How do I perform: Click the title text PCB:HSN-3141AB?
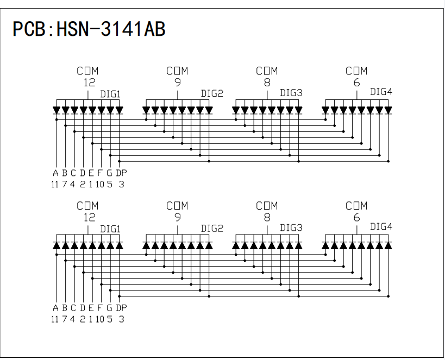pyautogui.click(x=89, y=29)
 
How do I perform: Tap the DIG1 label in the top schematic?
pyautogui.click(x=110, y=94)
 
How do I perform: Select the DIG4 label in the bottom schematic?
pyautogui.click(x=381, y=227)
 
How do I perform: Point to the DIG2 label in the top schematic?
pyautogui.click(x=212, y=93)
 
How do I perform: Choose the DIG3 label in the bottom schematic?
pyautogui.click(x=291, y=228)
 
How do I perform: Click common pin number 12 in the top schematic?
pyautogui.click(x=89, y=83)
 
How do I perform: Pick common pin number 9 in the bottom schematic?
pyautogui.click(x=178, y=218)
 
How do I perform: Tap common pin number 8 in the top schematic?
pyautogui.click(x=267, y=83)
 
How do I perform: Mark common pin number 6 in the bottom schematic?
pyautogui.click(x=356, y=218)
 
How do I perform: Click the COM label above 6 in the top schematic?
pyautogui.click(x=356, y=71)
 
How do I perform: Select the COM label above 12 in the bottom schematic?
pyautogui.click(x=87, y=206)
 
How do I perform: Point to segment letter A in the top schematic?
pyautogui.click(x=55, y=173)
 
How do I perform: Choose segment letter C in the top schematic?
pyautogui.click(x=73, y=173)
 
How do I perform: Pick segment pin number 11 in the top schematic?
pyautogui.click(x=55, y=184)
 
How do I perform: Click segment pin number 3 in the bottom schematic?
pyautogui.click(x=121, y=319)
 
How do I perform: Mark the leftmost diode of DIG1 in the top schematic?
pyautogui.click(x=57, y=110)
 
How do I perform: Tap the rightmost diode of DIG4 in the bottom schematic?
pyautogui.click(x=388, y=245)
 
